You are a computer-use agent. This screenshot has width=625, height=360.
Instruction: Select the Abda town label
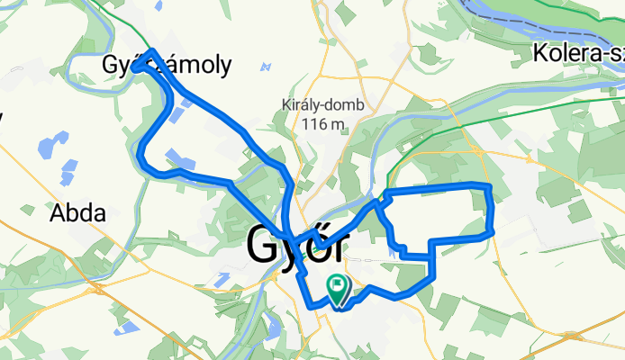[x=77, y=214]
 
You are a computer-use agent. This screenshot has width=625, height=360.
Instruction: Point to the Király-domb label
[x=322, y=104]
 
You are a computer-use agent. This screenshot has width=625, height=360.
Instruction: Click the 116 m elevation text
[x=322, y=124]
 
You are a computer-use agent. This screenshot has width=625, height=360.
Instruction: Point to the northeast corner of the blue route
[x=487, y=185]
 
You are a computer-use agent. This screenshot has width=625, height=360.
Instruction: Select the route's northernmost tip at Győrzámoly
[x=154, y=52]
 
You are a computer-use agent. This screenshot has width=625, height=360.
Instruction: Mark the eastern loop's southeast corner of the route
[x=492, y=232]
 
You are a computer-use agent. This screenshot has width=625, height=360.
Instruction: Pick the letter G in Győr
[x=262, y=244]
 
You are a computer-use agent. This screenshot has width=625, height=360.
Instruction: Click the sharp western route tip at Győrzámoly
[x=134, y=67]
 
